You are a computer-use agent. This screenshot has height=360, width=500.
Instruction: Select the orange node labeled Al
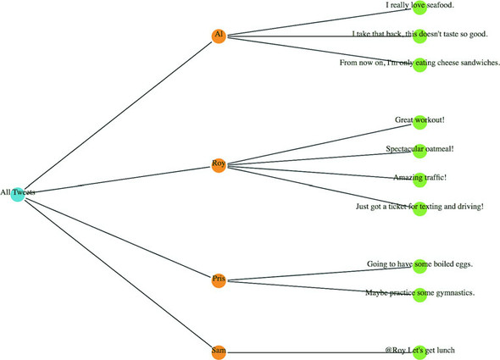[219, 36]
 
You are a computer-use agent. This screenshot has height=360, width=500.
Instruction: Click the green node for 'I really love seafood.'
[419, 7]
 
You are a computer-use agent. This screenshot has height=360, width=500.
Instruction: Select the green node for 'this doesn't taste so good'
[419, 36]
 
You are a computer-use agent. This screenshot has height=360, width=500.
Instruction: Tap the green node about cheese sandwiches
[419, 64]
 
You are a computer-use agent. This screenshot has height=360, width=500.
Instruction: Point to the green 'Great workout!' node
[419, 121]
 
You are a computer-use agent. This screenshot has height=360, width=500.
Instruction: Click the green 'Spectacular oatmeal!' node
[419, 150]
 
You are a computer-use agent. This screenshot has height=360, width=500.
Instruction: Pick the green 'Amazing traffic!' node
[419, 179]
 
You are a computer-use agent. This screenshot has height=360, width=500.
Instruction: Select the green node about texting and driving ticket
[419, 208]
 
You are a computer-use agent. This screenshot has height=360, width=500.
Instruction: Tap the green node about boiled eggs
[419, 265]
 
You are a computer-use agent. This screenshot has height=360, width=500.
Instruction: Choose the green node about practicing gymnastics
[419, 294]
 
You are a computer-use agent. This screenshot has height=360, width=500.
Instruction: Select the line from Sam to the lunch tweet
[314, 352]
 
